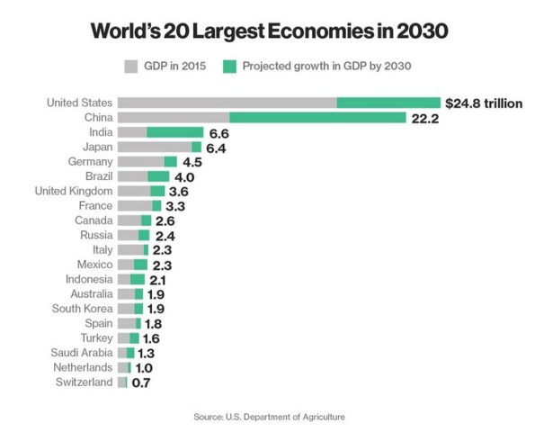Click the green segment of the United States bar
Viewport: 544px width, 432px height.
coord(388,103)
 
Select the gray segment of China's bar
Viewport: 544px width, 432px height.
coord(173,118)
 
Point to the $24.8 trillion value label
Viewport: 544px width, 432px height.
coord(484,103)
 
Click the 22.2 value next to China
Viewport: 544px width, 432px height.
coord(424,119)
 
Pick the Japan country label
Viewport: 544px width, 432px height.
coord(96,147)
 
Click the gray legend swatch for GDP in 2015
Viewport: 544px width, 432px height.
coord(129,65)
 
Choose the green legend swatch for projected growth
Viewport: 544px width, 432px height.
coord(229,65)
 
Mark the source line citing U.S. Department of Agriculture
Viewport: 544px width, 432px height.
coord(269,417)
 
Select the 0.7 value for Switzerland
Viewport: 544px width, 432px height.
coord(141,383)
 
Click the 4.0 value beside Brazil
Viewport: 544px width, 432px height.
coord(184,176)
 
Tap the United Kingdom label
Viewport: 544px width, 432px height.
coord(73,191)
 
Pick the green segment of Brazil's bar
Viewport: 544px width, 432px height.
coord(158,176)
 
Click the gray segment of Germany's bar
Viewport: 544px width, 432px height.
coord(140,161)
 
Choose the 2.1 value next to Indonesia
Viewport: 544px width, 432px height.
coord(159,280)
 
